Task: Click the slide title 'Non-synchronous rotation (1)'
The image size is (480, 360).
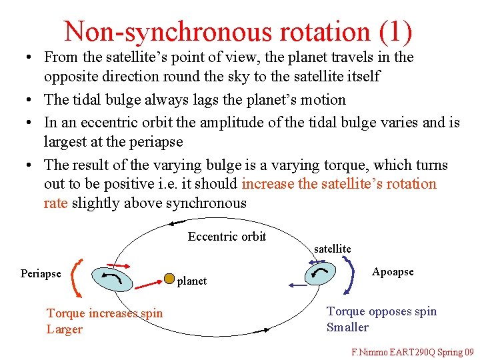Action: pos(238,31)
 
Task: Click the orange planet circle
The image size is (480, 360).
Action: pos(170,277)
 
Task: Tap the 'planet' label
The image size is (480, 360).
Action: pos(192,281)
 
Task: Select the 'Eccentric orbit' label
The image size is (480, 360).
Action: pos(227,237)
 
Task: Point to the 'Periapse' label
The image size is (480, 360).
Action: pos(41,273)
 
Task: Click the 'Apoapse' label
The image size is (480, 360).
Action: pos(393,271)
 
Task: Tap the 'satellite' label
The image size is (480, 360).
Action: pos(332,249)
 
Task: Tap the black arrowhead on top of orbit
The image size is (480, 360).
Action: pos(176,223)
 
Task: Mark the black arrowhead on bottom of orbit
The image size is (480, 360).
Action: pos(265,329)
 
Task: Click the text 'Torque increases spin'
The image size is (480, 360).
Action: pos(105,313)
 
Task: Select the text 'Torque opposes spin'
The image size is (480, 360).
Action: pos(381,311)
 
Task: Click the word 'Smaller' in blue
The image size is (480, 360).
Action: pos(347,327)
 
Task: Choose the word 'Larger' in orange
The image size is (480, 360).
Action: pos(65,329)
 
